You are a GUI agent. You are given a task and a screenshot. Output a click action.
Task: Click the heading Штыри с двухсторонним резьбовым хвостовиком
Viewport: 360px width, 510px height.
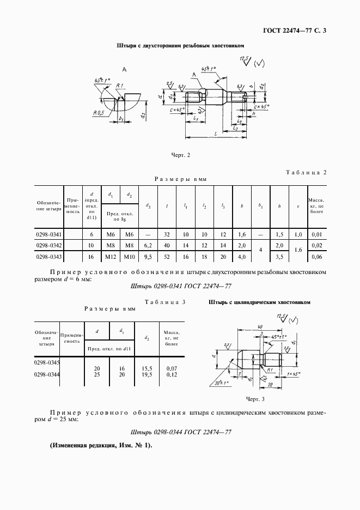pyautogui.click(x=180, y=47)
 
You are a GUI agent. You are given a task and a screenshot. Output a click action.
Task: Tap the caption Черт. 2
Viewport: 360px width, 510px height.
pyautogui.click(x=180, y=155)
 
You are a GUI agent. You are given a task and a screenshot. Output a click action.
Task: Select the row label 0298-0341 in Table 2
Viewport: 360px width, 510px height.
pyautogui.click(x=49, y=234)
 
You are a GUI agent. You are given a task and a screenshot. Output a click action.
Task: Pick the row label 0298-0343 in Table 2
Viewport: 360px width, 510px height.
pyautogui.click(x=49, y=256)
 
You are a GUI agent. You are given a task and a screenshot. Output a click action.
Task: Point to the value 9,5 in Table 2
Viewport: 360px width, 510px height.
pyautogui.click(x=148, y=256)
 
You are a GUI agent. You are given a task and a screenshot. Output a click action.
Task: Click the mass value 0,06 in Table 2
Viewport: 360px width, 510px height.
pyautogui.click(x=316, y=256)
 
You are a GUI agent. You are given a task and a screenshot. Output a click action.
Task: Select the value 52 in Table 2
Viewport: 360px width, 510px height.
pyautogui.click(x=167, y=256)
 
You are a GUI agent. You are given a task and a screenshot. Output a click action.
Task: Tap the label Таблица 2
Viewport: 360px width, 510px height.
pyautogui.click(x=306, y=173)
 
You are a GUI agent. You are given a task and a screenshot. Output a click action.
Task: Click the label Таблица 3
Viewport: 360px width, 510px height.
pyautogui.click(x=165, y=301)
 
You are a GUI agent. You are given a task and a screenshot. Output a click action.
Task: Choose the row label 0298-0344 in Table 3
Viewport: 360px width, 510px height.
pyautogui.click(x=47, y=374)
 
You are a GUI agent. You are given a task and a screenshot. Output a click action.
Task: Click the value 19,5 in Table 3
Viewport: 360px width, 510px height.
pyautogui.click(x=146, y=374)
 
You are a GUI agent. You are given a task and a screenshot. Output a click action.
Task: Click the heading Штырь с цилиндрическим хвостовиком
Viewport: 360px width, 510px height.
pyautogui.click(x=259, y=301)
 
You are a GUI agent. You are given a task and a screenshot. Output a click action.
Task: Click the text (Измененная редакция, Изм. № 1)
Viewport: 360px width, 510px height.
pyautogui.click(x=101, y=445)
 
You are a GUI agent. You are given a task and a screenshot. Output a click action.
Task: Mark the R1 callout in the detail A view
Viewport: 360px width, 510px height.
pyautogui.click(x=120, y=85)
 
